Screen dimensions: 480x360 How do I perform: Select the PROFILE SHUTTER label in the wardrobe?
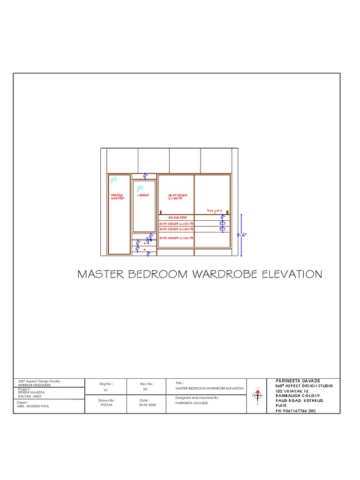point(117,197)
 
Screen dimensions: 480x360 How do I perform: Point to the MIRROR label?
point(143,195)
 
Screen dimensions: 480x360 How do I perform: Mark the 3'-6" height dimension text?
point(241,235)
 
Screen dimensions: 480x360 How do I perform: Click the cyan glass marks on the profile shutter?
point(113,180)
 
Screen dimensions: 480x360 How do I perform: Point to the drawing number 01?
point(106,389)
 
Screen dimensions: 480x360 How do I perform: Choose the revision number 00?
point(145,389)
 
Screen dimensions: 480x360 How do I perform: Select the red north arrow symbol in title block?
point(257,394)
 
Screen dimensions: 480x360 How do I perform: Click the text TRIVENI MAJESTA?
point(31,392)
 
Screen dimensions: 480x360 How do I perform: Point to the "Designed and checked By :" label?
point(197,397)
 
